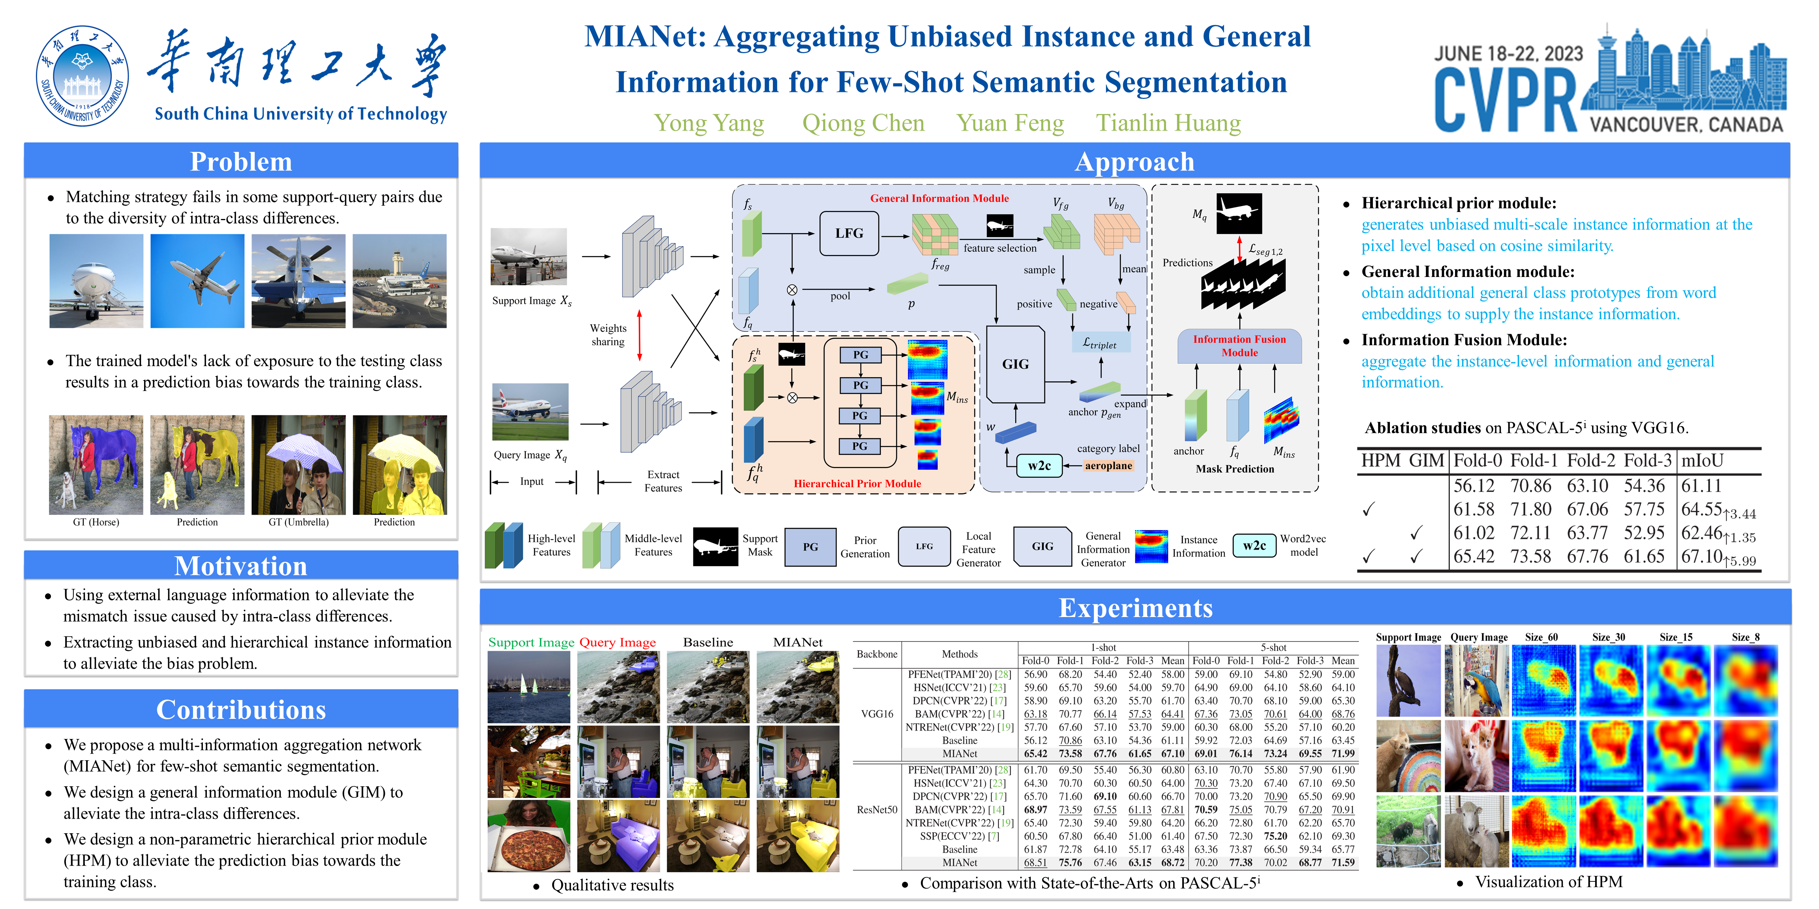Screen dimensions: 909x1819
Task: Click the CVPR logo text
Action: point(1506,101)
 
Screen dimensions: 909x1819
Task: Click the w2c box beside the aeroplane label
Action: point(1039,466)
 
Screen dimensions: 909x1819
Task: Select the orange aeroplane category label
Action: point(1108,466)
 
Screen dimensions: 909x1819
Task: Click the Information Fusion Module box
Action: point(1239,346)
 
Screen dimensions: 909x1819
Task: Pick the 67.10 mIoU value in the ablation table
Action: point(1702,557)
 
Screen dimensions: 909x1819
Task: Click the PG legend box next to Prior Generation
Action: point(810,547)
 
